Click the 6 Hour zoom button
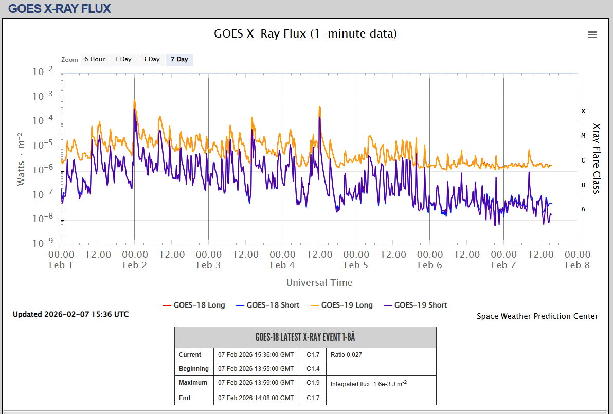tap(95, 59)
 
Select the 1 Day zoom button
tap(123, 59)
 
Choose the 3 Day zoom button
tap(151, 59)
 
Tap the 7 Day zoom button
tap(179, 59)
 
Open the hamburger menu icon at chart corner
tap(592, 34)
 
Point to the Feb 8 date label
tap(577, 265)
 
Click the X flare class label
tap(583, 111)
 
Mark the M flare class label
tap(583, 135)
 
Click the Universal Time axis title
tap(319, 282)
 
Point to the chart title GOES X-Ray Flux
tap(305, 34)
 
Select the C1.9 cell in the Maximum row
tap(313, 383)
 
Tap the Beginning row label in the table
tap(194, 369)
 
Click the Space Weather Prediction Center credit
tap(537, 316)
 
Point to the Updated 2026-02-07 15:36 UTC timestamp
tap(71, 314)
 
